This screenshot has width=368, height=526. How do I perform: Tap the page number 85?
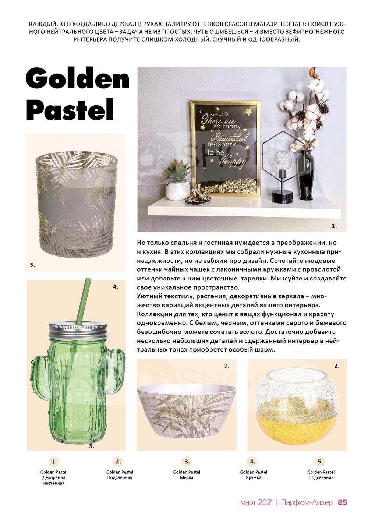pyautogui.click(x=342, y=502)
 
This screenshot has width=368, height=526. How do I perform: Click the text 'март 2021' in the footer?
pyautogui.click(x=256, y=502)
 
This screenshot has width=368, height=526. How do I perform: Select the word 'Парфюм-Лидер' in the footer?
pyautogui.click(x=307, y=502)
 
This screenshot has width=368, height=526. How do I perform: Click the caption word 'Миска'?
pyautogui.click(x=187, y=477)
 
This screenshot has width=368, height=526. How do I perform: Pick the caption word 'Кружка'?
pyautogui.click(x=254, y=477)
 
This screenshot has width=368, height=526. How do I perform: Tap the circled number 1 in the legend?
pyautogui.click(x=54, y=462)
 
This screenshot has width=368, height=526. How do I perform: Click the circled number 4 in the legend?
pyautogui.click(x=252, y=462)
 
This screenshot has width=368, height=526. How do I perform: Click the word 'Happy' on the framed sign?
pyautogui.click(x=233, y=160)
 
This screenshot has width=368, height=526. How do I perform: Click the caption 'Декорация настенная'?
pyautogui.click(x=54, y=480)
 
